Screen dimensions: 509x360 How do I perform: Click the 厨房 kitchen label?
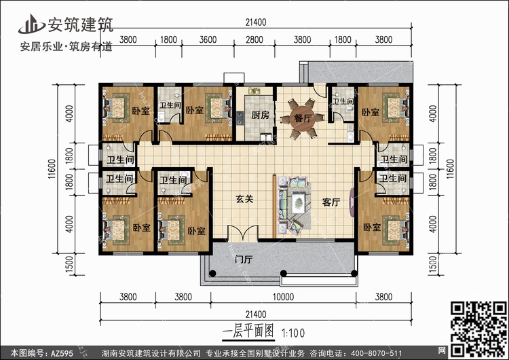click(261, 115)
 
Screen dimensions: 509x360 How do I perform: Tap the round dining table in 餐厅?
click(303, 118)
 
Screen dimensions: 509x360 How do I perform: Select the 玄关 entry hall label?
click(244, 199)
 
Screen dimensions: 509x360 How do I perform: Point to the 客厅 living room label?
click(331, 202)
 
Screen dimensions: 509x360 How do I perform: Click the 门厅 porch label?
click(244, 259)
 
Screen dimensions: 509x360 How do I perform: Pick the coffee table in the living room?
click(299, 203)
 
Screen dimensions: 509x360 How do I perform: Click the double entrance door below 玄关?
click(243, 233)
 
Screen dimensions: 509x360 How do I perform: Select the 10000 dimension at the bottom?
click(283, 297)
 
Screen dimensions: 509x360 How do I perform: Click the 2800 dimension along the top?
click(254, 39)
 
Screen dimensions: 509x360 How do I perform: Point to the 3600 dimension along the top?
click(208, 39)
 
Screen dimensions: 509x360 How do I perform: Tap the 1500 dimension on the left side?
click(69, 265)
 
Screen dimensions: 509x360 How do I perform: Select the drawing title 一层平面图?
click(248, 331)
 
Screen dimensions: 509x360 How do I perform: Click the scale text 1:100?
click(293, 333)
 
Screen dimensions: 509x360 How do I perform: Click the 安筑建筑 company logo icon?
click(31, 24)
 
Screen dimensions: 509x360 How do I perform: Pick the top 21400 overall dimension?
click(256, 22)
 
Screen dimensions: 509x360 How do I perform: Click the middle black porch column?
click(284, 273)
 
